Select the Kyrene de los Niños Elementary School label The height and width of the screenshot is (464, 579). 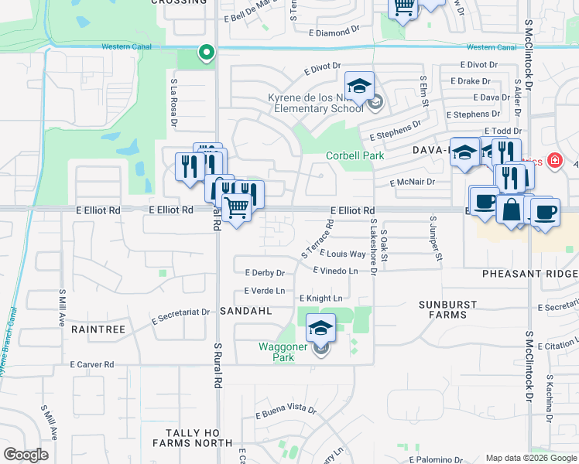[315, 103]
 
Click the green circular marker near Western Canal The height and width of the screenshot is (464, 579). [206, 53]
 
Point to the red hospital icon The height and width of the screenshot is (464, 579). [554, 162]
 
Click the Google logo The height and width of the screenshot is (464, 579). [26, 455]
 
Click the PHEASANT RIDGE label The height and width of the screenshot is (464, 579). [529, 275]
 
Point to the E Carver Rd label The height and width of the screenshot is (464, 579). [91, 363]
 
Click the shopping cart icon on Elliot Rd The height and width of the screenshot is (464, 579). [236, 206]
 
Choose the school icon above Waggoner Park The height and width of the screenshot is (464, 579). [320, 328]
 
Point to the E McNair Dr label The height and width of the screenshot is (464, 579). [413, 183]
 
